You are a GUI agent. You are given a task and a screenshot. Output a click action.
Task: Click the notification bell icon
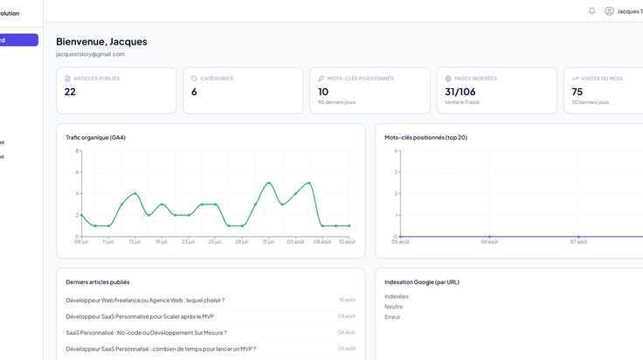[591, 11]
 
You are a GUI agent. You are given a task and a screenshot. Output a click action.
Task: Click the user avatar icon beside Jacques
[610, 11]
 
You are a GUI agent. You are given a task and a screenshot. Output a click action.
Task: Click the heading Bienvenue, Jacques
[101, 41]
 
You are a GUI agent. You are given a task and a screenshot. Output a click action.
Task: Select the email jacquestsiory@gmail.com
[90, 54]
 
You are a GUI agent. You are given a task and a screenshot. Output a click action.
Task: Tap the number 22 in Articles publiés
[70, 92]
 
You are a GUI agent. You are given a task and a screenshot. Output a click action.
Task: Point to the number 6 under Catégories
[194, 92]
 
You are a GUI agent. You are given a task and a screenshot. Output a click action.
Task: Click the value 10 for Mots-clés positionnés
[323, 92]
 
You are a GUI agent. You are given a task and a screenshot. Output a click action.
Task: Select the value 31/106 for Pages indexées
[460, 92]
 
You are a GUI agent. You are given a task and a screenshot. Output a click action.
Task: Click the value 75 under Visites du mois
[577, 92]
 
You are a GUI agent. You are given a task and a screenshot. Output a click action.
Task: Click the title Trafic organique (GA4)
[95, 137]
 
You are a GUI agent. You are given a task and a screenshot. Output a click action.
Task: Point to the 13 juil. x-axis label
[135, 242]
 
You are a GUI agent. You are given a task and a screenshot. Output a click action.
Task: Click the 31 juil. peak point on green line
[268, 183]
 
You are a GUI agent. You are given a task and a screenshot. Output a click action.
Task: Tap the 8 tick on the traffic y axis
[77, 151]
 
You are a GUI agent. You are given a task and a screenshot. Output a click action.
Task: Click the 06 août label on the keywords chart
[489, 242]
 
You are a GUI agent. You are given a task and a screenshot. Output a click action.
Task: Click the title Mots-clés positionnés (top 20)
[425, 137]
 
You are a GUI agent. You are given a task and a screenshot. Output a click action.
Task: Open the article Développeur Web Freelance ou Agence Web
[145, 300]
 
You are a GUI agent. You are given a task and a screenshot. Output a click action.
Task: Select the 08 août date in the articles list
[347, 316]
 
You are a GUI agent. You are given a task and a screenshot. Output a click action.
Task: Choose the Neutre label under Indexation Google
[393, 307]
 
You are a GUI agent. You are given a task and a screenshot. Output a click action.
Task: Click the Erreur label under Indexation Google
[392, 317]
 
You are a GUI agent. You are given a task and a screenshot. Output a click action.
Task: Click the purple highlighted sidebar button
[19, 40]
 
